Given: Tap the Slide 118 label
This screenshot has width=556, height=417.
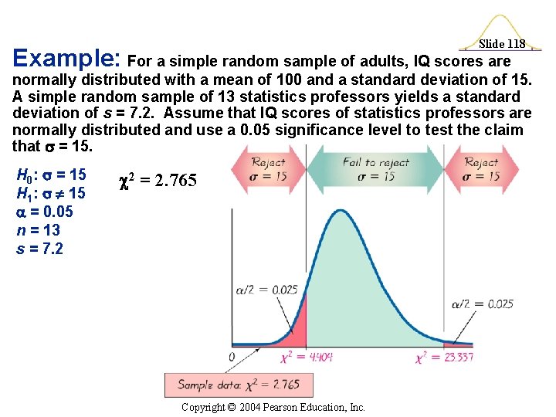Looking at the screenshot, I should coord(502,44).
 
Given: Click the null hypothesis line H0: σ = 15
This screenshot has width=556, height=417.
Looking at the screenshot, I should coord(52,175).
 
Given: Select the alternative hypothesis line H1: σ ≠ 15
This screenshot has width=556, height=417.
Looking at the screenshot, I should coord(52,194).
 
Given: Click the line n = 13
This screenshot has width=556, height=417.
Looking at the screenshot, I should coord(38,230).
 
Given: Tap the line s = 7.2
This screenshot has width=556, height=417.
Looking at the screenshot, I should coord(40,249).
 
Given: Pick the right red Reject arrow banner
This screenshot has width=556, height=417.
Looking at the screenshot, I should coord(482,169).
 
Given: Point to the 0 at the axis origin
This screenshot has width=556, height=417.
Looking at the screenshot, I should coord(232,357).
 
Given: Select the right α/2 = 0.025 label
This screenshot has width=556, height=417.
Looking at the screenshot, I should coord(490,303).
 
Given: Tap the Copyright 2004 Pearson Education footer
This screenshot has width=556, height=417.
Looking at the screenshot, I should coord(273,407).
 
